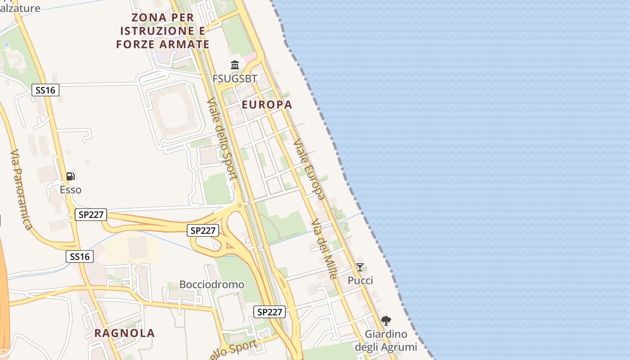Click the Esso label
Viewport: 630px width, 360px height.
(71, 189)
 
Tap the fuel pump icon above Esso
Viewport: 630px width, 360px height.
(70, 176)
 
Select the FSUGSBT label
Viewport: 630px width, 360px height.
(235, 79)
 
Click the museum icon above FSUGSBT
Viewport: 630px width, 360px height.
(235, 65)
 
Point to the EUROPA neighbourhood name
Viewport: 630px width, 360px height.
(267, 105)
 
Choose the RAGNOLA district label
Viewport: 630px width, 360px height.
(125, 333)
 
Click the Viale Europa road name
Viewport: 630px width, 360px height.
(309, 169)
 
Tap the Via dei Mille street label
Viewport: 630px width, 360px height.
(324, 249)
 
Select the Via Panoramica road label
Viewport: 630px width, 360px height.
(21, 189)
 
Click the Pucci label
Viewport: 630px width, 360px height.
(360, 281)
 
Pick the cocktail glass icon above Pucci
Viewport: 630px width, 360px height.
(360, 267)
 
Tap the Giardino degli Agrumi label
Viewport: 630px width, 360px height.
(386, 341)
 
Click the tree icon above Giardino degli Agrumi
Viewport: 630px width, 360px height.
(386, 321)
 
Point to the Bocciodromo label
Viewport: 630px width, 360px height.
(211, 284)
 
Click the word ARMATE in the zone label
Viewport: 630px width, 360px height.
(185, 44)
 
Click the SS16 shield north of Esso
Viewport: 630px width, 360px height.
(45, 90)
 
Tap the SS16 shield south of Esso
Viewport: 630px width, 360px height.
(80, 256)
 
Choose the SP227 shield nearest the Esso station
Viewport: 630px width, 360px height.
(91, 215)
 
